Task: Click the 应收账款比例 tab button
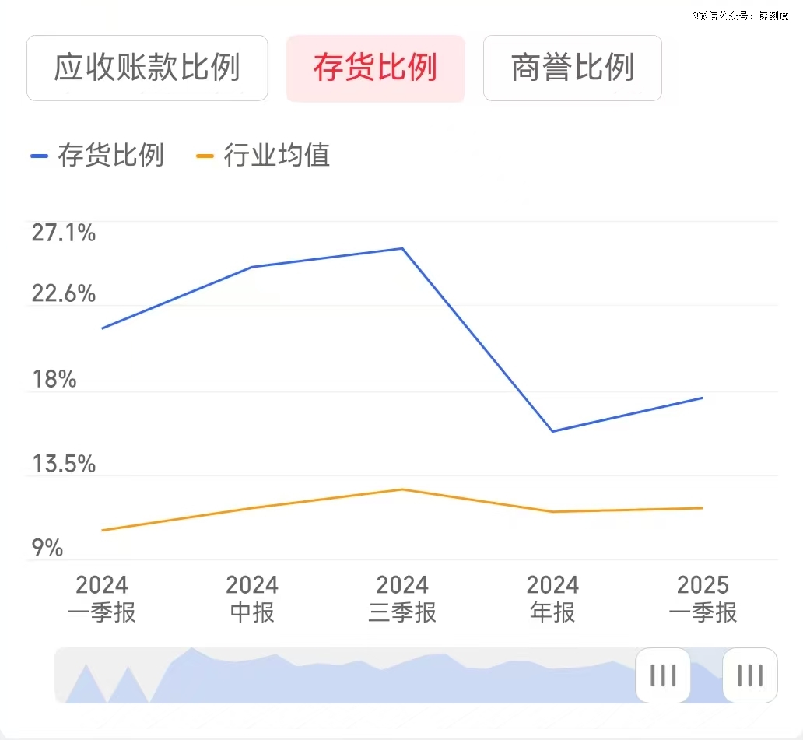(x=147, y=68)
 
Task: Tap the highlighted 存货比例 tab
(x=375, y=68)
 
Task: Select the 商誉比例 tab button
(x=573, y=68)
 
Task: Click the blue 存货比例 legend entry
(x=97, y=156)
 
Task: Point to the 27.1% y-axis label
(x=63, y=232)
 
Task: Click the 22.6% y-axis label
(x=63, y=294)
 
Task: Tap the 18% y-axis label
(x=54, y=380)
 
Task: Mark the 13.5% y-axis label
(x=63, y=465)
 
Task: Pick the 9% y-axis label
(x=47, y=549)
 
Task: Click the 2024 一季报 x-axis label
(x=101, y=598)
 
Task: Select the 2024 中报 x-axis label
(x=252, y=598)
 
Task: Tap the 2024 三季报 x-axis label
(x=402, y=598)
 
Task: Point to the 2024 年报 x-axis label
(x=552, y=598)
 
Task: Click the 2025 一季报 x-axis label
(x=703, y=598)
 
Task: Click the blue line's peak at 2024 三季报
(x=402, y=248)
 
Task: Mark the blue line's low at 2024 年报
(x=552, y=431)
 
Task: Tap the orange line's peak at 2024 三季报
(x=402, y=489)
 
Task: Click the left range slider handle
(x=663, y=675)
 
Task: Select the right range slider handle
(x=749, y=675)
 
